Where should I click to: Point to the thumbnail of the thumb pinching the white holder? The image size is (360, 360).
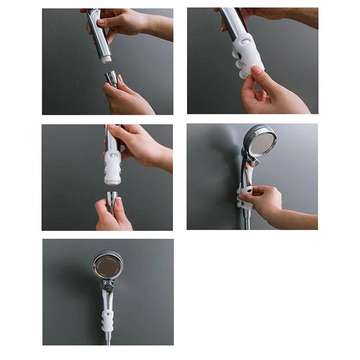256,70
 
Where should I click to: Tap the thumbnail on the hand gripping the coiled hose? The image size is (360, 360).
118,202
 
